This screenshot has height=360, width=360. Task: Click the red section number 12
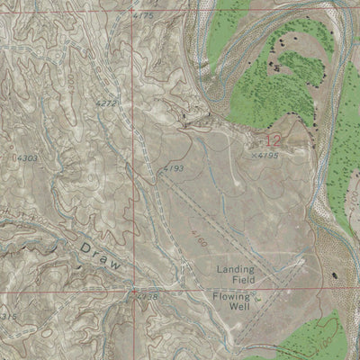pos(273,139)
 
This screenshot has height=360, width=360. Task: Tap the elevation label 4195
pos(265,156)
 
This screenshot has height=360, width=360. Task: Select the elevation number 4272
pos(106,105)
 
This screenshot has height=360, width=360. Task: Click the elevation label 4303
pos(26,158)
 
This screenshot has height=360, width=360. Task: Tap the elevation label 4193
pos(173,168)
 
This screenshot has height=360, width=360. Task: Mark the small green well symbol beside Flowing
pos(256,297)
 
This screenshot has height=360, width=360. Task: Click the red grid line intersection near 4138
pos(136,290)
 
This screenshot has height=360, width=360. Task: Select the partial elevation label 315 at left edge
pos(8,317)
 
